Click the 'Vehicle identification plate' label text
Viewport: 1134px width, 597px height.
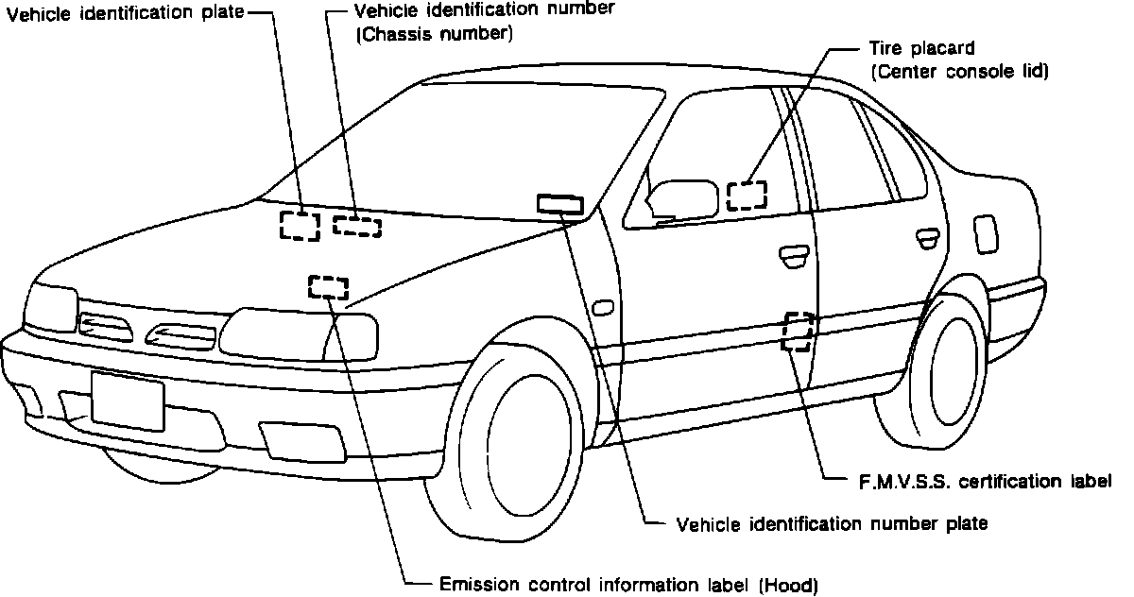click(125, 14)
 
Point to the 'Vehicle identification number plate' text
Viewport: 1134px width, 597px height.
click(832, 522)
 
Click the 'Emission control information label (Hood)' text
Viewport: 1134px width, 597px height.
click(628, 584)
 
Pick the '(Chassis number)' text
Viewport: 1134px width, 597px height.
click(433, 34)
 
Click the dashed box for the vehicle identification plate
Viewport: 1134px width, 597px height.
click(300, 226)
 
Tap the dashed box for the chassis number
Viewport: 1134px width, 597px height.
click(357, 226)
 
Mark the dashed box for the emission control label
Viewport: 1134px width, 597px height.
click(328, 286)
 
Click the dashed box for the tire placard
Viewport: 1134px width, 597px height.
click(747, 195)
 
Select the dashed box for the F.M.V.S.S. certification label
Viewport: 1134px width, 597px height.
click(798, 331)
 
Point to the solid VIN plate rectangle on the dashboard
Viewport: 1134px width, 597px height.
click(559, 203)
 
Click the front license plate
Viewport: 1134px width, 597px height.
click(128, 400)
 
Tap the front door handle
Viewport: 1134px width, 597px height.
click(792, 252)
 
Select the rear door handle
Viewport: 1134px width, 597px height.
click(928, 235)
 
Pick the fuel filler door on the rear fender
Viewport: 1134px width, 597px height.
click(986, 233)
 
